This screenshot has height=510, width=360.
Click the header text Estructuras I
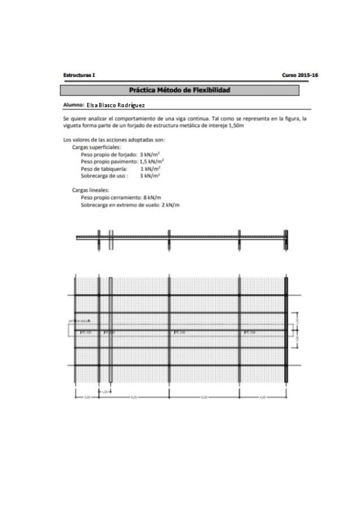click(x=79, y=75)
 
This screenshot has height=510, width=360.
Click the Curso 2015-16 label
click(x=299, y=75)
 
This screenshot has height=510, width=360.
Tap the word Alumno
click(x=73, y=105)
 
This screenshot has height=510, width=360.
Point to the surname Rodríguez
click(x=130, y=105)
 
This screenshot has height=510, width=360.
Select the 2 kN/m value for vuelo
click(x=171, y=205)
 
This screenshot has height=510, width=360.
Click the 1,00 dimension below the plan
click(x=105, y=392)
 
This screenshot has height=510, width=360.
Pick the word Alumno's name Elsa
click(x=93, y=105)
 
